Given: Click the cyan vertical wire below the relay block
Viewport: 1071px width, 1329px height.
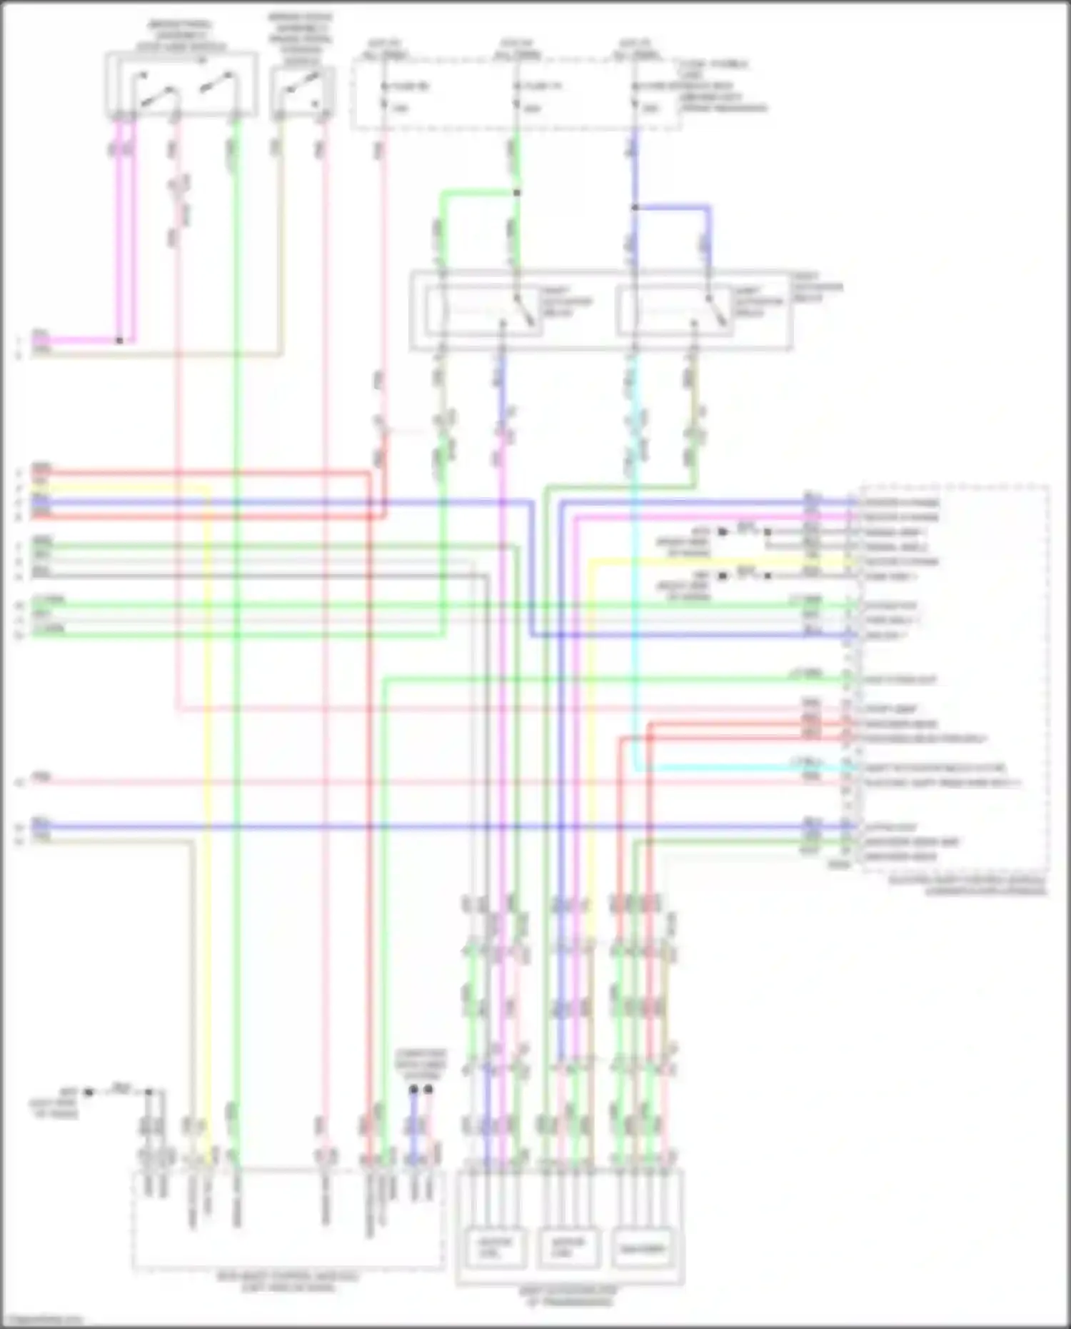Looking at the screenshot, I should point(635,571).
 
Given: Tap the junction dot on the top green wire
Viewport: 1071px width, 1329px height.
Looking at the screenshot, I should point(517,193).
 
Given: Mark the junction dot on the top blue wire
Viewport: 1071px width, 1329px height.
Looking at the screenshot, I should point(634,208).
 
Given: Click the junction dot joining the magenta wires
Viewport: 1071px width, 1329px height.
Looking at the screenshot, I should point(119,341).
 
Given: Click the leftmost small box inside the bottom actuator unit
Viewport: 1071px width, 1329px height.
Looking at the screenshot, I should point(495,1248).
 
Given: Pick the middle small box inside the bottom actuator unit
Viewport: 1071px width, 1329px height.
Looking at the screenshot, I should point(568,1248).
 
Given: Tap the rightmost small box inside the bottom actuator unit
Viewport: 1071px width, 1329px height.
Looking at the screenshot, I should point(642,1248).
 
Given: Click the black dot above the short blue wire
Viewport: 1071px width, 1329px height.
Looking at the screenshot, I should point(413,1090).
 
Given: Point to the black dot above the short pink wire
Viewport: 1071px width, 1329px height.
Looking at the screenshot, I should point(428,1090).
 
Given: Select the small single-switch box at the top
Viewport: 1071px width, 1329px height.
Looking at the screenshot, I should point(302,93).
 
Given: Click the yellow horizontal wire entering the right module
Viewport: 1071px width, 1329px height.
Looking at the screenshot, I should point(714,561).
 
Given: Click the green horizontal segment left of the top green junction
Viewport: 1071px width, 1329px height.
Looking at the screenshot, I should point(478,193).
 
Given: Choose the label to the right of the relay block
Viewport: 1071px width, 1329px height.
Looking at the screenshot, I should point(817,287).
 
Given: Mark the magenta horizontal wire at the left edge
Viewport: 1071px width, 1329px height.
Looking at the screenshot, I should point(71,341).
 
